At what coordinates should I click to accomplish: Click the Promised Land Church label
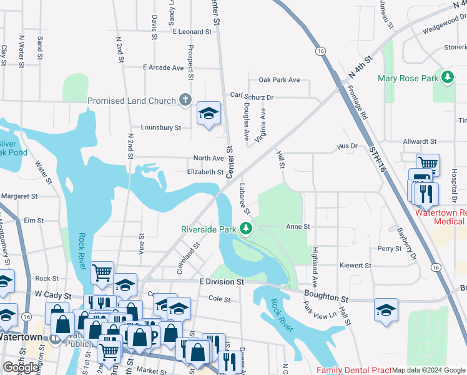[132, 101]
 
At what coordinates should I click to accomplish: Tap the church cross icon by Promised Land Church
[185, 100]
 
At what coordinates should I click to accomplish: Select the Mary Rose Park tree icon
[447, 77]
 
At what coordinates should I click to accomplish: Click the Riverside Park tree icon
[247, 229]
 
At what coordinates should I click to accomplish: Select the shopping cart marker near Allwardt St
[428, 165]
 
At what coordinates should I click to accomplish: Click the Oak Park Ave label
[279, 80]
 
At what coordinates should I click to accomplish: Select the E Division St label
[221, 282]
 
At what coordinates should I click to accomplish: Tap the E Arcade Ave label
[163, 67]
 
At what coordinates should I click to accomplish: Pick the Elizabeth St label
[205, 172]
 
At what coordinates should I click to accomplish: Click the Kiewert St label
[355, 266]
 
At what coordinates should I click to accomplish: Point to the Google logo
[21, 367]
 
